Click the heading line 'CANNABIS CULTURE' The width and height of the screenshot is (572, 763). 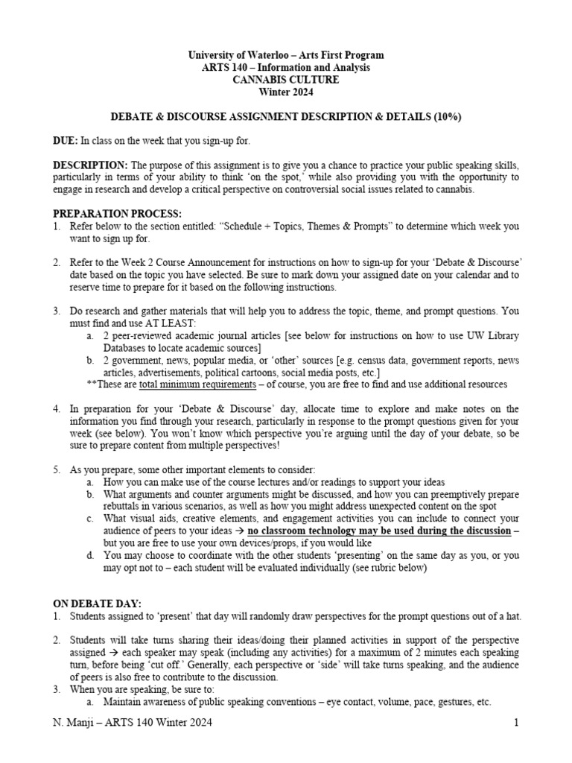pyautogui.click(x=286, y=80)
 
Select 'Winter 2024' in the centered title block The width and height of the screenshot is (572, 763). pyautogui.click(x=286, y=92)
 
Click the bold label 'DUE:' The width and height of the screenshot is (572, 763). pyautogui.click(x=66, y=140)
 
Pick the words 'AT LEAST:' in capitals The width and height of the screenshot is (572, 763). pyautogui.click(x=169, y=323)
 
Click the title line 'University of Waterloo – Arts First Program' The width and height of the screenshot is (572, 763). pyautogui.click(x=286, y=55)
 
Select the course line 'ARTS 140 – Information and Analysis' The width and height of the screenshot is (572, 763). pyautogui.click(x=286, y=68)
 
